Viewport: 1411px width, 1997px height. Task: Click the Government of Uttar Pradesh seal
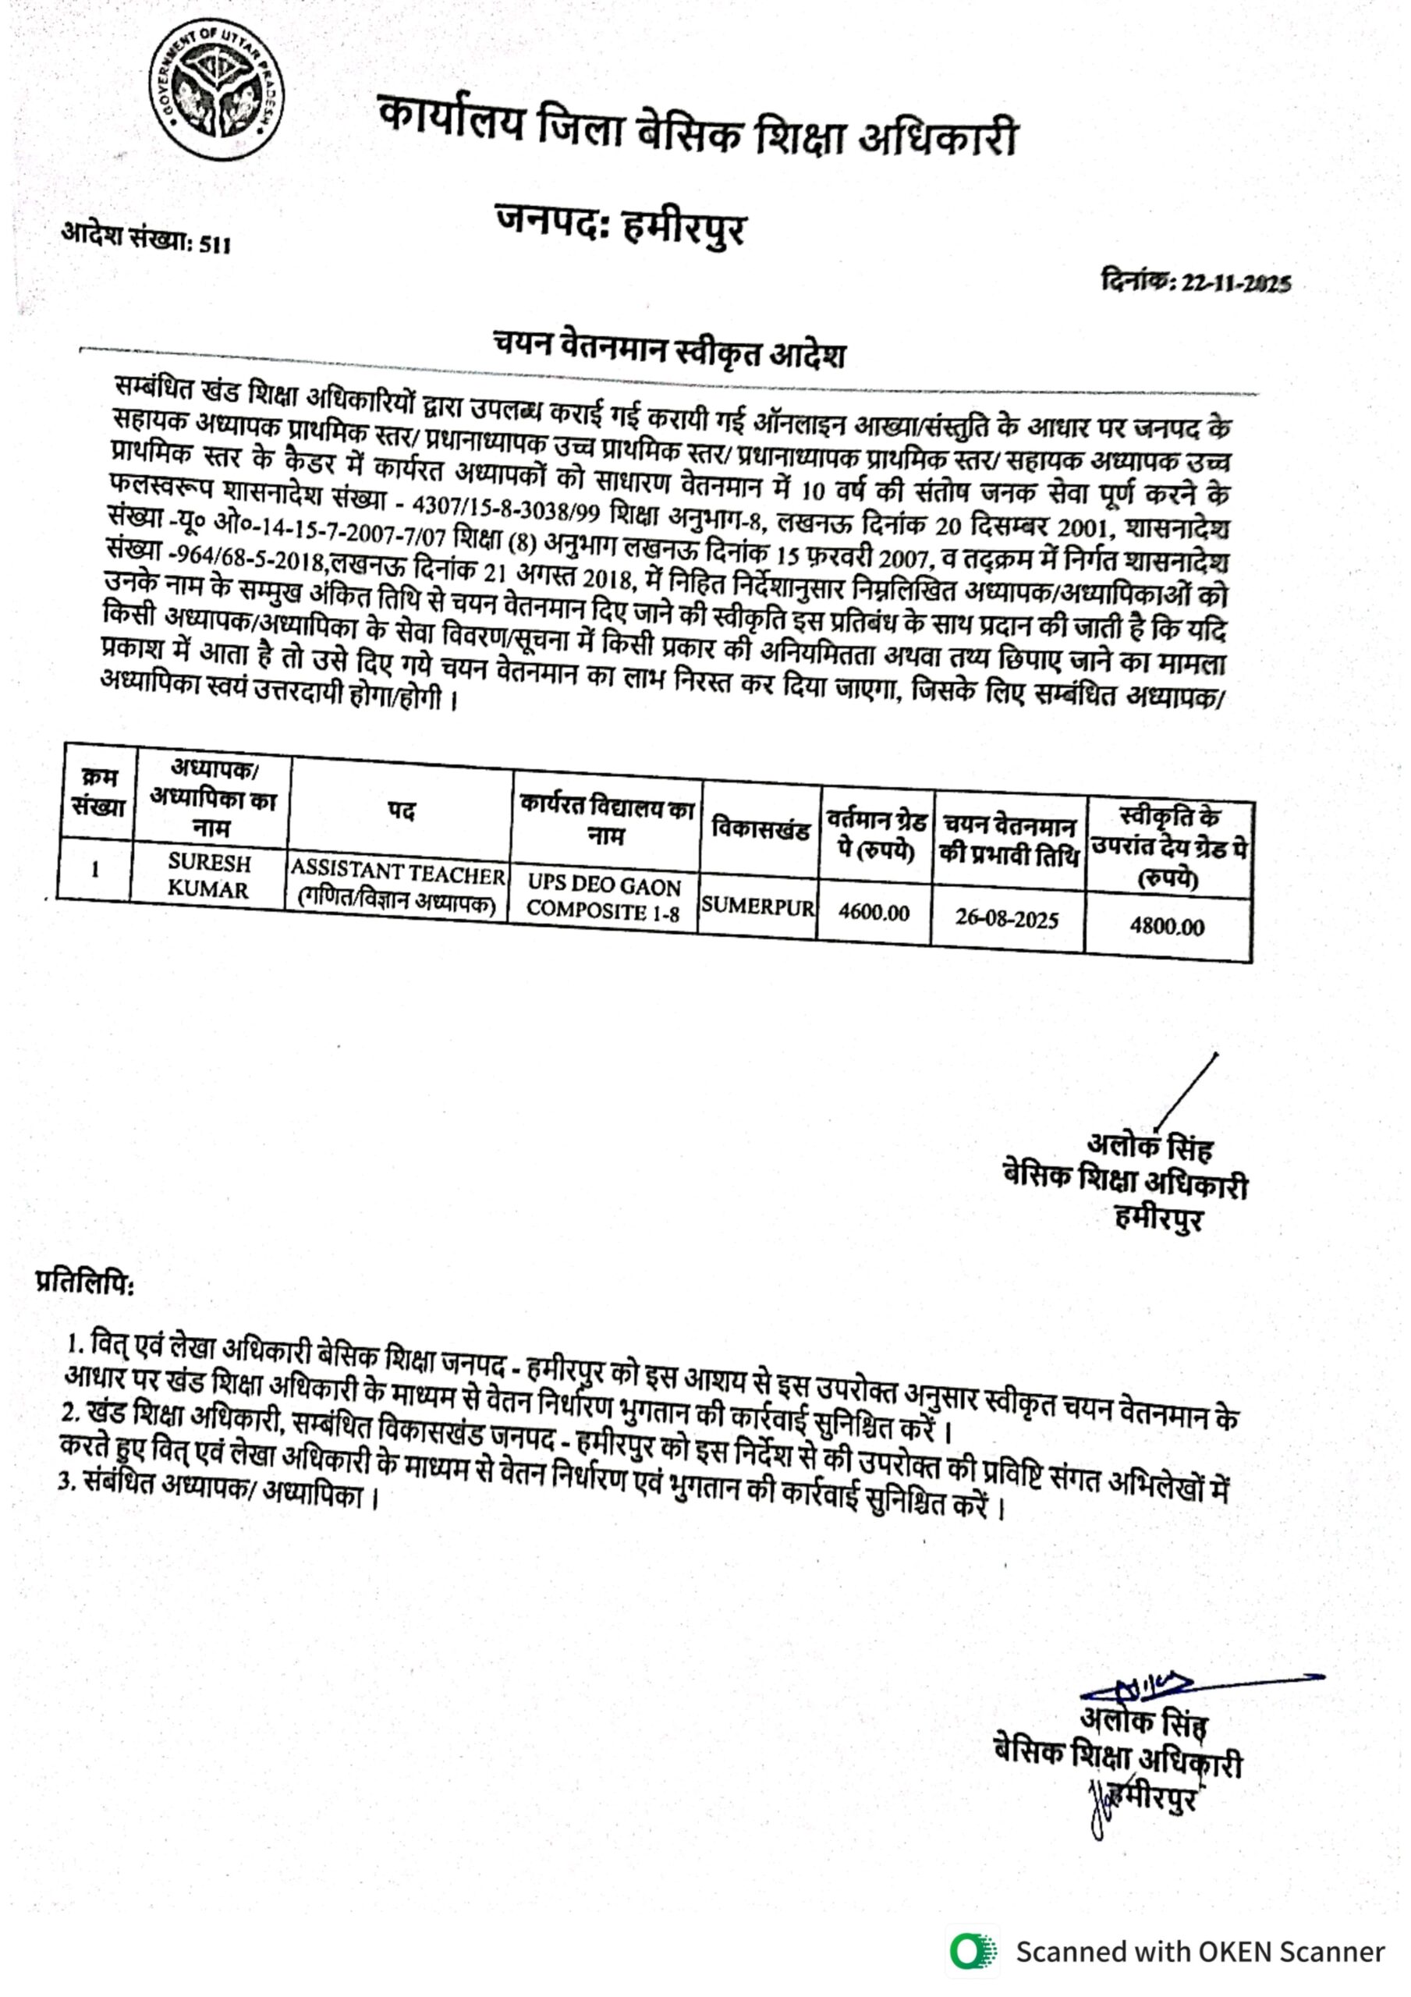point(216,92)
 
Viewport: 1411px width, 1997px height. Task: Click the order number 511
point(214,244)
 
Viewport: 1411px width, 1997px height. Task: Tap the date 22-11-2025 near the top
point(1236,283)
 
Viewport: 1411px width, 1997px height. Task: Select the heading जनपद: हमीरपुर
point(620,225)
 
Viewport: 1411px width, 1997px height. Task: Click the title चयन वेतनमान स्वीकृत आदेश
point(669,349)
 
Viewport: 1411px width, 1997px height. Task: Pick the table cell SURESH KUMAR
point(209,875)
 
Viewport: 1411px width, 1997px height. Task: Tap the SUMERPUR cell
point(757,906)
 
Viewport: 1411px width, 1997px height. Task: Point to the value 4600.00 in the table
point(874,913)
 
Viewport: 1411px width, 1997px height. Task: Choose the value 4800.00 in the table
point(1167,925)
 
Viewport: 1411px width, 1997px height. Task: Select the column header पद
point(401,811)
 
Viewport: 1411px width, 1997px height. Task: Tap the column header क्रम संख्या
point(98,792)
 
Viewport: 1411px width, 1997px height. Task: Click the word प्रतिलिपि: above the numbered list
point(84,1282)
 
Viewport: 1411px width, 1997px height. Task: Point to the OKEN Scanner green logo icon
point(973,1951)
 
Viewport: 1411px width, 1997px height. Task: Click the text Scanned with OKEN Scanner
point(1200,1951)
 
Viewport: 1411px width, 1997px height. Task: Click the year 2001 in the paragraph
point(1078,527)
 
